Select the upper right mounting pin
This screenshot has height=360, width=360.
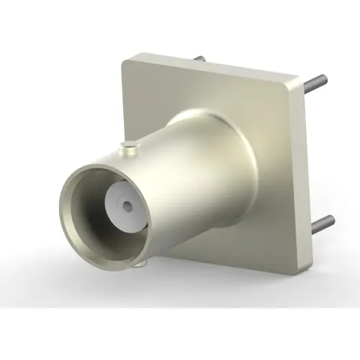(315, 86)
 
